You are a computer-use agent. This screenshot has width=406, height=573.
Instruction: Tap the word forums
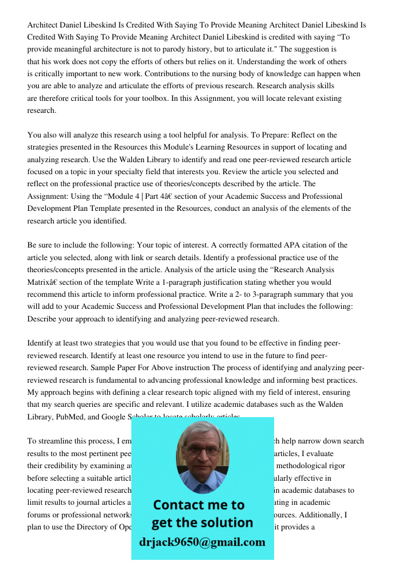pyautogui.click(x=39, y=515)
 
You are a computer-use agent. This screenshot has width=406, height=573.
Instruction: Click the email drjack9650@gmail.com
pyautogui.click(x=202, y=542)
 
